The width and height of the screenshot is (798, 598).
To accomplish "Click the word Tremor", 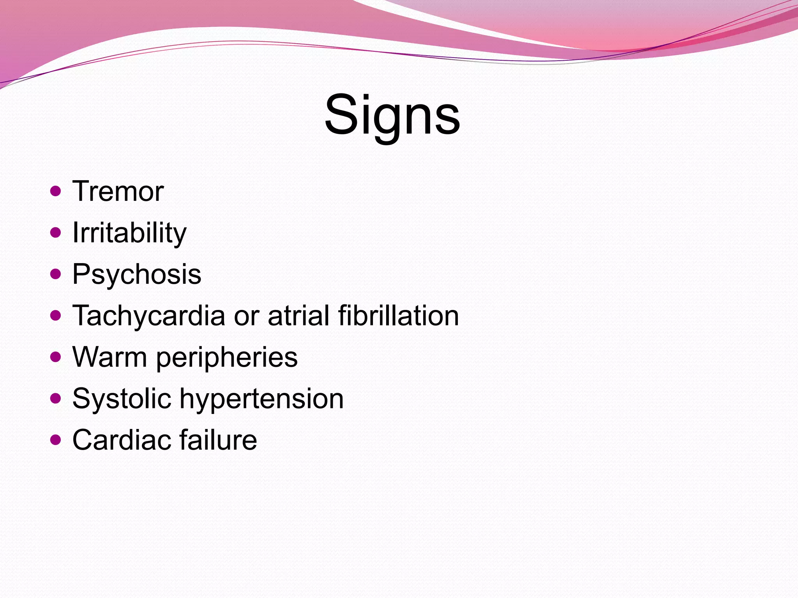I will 118,192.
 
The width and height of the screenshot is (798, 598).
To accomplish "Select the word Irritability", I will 129,233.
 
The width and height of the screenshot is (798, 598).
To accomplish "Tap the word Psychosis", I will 137,274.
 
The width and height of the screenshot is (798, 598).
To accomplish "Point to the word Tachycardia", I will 149,316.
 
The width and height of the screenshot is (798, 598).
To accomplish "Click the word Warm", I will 109,357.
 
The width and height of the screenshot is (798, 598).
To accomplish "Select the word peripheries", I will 227,358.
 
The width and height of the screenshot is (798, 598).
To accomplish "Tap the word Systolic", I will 122,399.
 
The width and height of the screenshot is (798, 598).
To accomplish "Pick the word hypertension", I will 261,399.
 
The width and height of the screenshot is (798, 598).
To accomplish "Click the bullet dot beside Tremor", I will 56,191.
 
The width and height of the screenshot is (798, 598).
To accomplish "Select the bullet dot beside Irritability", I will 56,232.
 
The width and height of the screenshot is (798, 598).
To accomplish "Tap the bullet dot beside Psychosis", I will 56,274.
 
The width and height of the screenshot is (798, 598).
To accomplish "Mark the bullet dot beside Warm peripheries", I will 56,357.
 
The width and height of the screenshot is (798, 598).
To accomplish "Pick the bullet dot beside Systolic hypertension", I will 56,398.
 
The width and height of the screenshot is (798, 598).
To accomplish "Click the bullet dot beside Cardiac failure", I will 56,440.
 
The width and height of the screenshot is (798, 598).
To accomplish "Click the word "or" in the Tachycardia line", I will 246,316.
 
